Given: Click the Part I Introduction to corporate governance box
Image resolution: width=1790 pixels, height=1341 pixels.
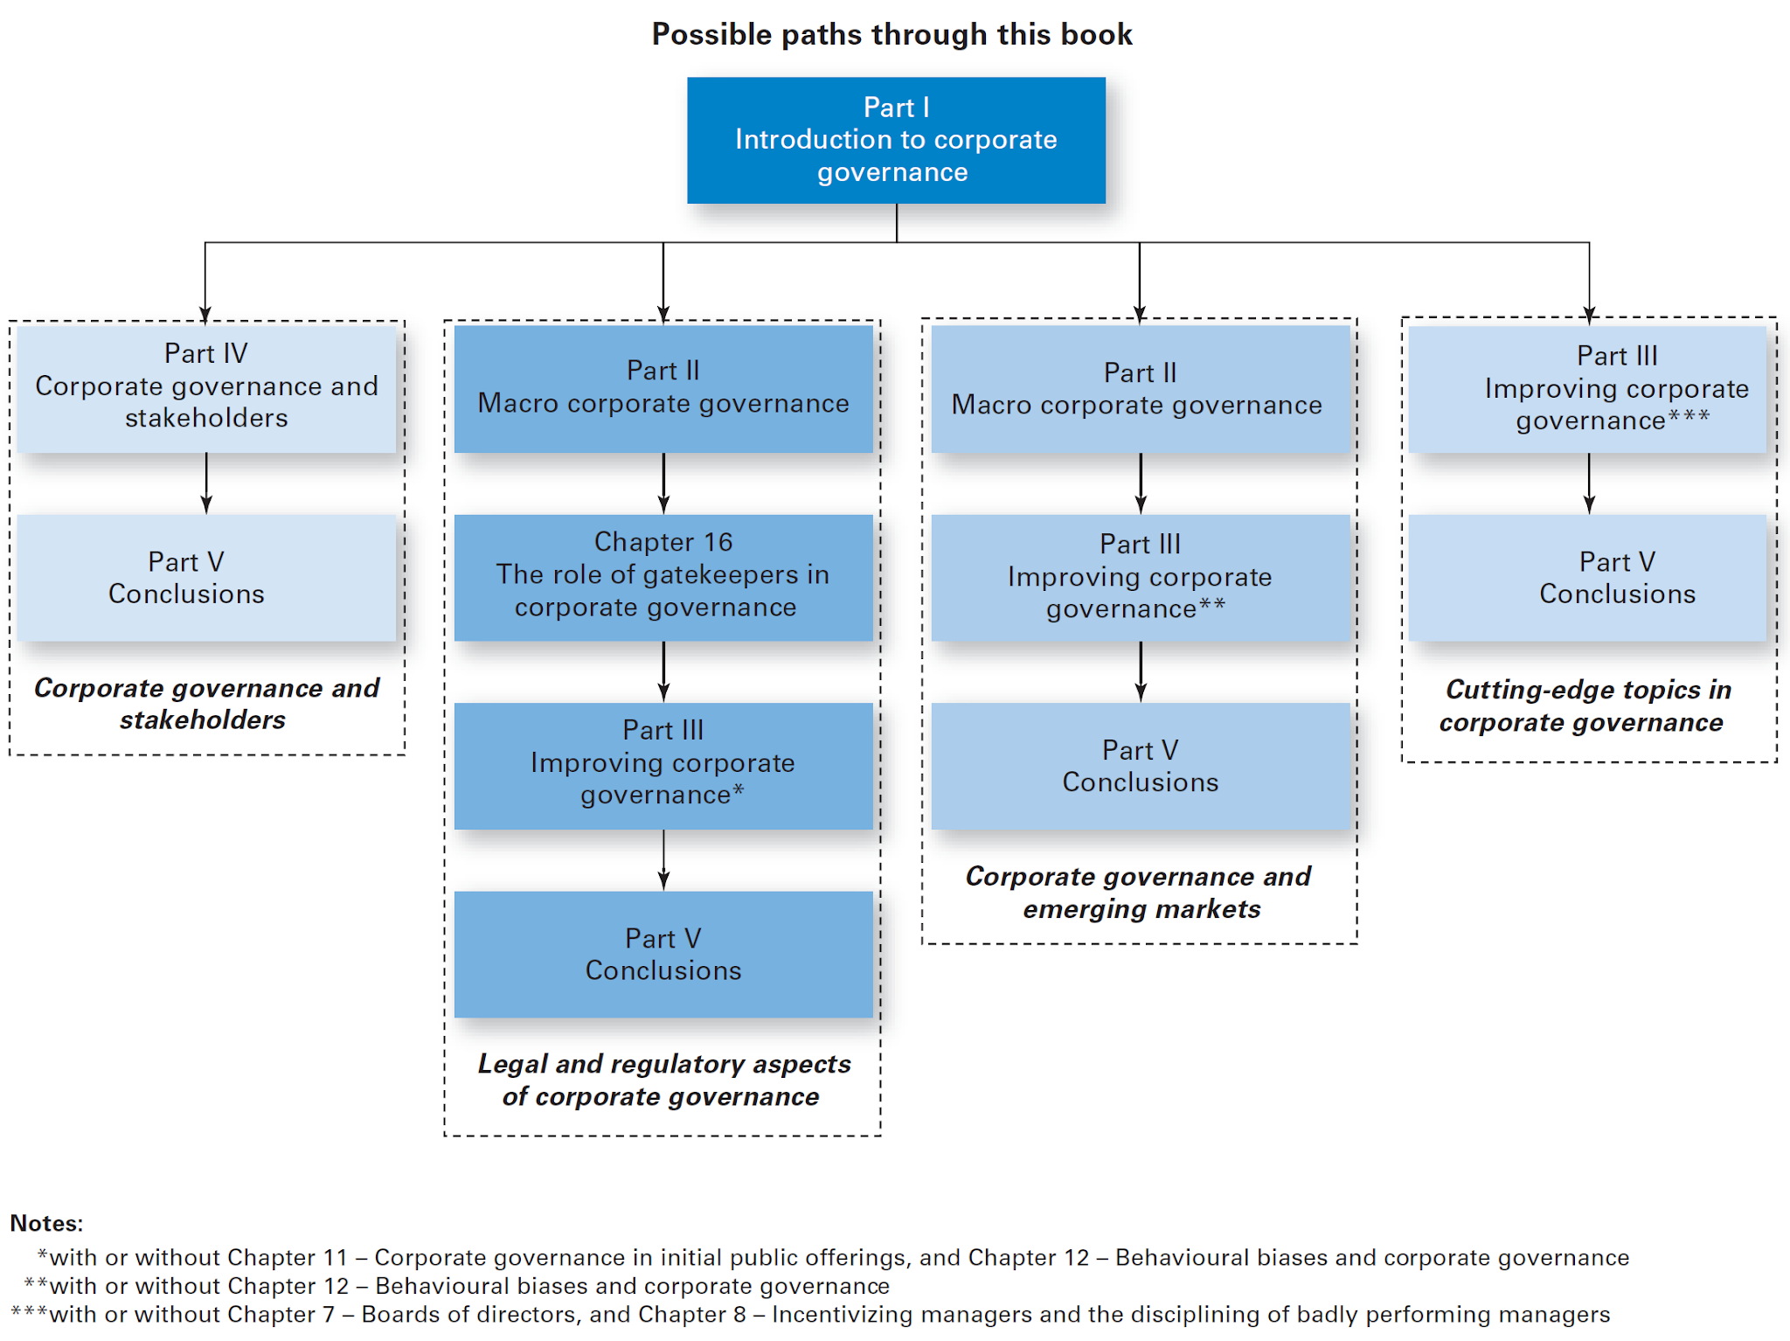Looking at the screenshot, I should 896,140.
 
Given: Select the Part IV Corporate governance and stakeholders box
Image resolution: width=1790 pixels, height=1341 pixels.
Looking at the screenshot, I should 206,387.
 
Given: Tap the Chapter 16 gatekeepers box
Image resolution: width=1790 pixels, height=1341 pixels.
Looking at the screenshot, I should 663,576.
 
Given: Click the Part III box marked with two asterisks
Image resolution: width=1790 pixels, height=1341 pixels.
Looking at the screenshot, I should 1140,577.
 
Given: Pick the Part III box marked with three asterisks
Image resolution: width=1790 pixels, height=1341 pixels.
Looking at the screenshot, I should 1587,388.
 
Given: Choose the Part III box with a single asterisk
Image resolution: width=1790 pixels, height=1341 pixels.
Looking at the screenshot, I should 663,765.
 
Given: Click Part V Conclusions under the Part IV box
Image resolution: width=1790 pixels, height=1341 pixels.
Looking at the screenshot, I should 206,577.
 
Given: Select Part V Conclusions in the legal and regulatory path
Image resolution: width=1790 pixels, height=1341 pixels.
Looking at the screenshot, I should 663,954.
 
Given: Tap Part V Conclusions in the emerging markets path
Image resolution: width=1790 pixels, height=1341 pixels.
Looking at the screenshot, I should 1140,766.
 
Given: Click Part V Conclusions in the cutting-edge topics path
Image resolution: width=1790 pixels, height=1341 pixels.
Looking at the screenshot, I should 1587,577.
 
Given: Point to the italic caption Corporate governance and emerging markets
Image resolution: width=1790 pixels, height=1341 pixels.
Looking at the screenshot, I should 1140,893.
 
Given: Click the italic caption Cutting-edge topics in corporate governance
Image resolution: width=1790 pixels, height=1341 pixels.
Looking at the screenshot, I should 1585,705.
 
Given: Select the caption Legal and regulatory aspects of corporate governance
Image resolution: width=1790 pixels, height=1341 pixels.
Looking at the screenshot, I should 663,1080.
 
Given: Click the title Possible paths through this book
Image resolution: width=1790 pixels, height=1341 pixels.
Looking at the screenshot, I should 892,34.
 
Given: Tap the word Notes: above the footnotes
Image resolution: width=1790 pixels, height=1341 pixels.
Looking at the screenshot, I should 46,1223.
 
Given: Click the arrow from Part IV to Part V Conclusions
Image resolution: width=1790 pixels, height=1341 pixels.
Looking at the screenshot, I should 206,483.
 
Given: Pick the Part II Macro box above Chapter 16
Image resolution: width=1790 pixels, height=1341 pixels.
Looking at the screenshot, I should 663,388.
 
